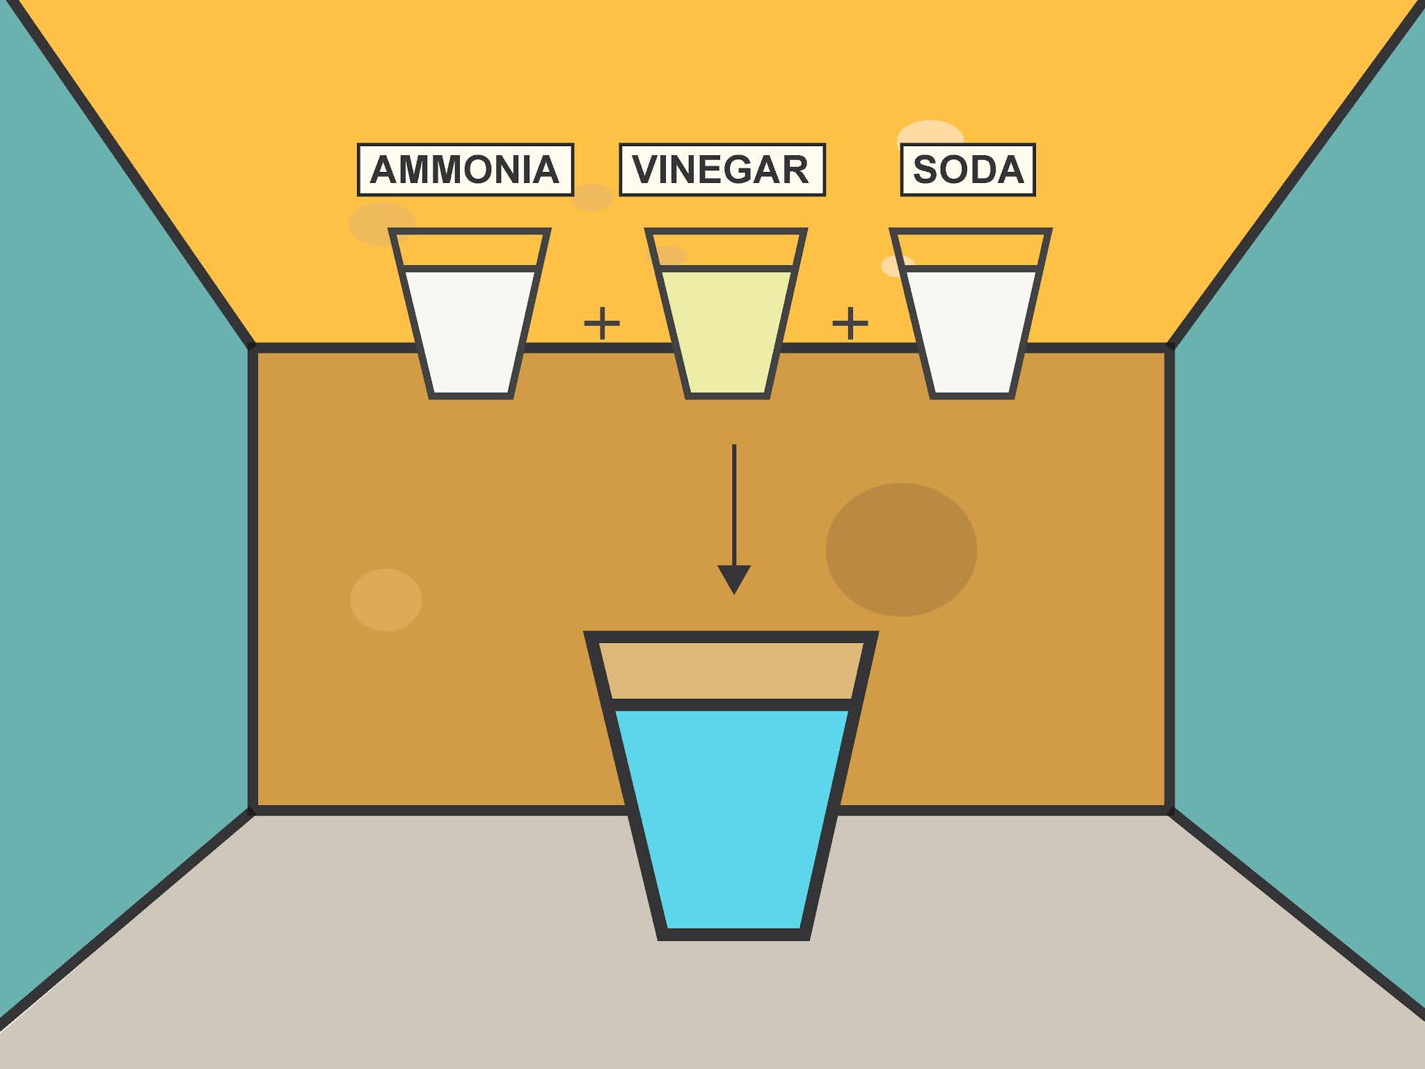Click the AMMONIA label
point(465,170)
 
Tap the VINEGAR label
point(722,170)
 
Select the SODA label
point(967,170)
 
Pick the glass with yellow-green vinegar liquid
point(726,327)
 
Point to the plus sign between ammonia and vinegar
point(602,323)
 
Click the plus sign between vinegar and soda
point(850,323)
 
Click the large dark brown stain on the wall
point(901,550)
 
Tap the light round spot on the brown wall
point(386,600)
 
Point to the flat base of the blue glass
point(733,934)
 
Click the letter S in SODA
point(926,170)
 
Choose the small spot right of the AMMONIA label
point(592,197)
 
